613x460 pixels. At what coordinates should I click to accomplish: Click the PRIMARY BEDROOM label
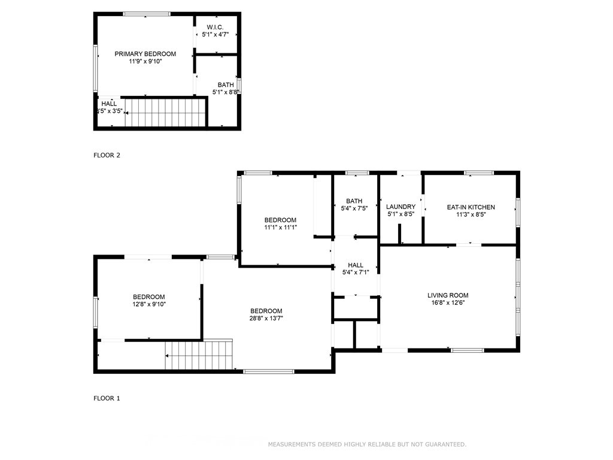tap(145, 54)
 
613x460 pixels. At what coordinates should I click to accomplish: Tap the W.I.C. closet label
tap(215, 28)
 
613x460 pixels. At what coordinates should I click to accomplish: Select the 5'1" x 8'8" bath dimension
tap(226, 92)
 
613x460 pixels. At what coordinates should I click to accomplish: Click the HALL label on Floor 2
tap(109, 104)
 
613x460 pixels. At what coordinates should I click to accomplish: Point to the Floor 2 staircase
tap(165, 113)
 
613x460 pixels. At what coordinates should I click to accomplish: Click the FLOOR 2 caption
tap(107, 155)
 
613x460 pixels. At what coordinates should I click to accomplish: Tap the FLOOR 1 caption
tap(107, 398)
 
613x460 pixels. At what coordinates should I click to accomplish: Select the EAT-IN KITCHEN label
tap(471, 207)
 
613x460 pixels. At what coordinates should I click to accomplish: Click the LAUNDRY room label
tap(400, 207)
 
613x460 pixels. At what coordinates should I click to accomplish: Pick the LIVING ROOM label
tap(448, 296)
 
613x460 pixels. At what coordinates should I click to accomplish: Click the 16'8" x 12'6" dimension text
tap(448, 302)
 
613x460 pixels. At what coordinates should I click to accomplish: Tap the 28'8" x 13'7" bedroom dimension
tap(266, 319)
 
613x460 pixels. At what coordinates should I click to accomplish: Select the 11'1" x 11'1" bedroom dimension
tap(280, 227)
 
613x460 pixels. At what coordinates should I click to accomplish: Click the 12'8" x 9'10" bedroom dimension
tap(149, 304)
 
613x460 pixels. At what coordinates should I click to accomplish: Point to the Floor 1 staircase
tap(199, 355)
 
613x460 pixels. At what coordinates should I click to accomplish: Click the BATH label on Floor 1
tap(354, 201)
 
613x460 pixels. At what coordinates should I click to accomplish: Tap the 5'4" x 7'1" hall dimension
tap(356, 273)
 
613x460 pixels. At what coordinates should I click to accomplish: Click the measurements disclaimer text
tap(367, 444)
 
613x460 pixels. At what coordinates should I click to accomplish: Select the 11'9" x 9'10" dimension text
tap(145, 62)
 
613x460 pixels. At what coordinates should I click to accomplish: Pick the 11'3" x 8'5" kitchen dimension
tap(471, 214)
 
